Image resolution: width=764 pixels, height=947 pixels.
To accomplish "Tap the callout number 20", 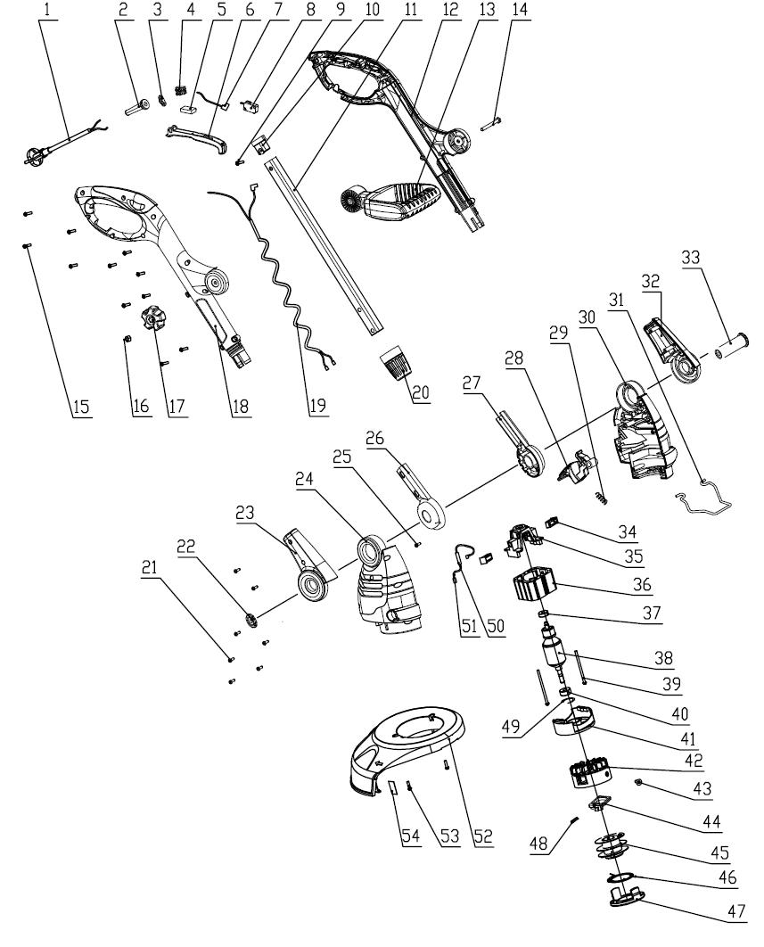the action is pyautogui.click(x=420, y=392).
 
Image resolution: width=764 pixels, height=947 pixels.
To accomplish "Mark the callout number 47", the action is pyautogui.click(x=736, y=910).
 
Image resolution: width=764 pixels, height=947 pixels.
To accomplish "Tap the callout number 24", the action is pyautogui.click(x=305, y=479).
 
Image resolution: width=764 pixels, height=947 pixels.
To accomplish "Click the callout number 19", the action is pyautogui.click(x=319, y=406).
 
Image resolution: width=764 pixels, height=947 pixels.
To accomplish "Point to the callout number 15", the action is pyautogui.click(x=81, y=408).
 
